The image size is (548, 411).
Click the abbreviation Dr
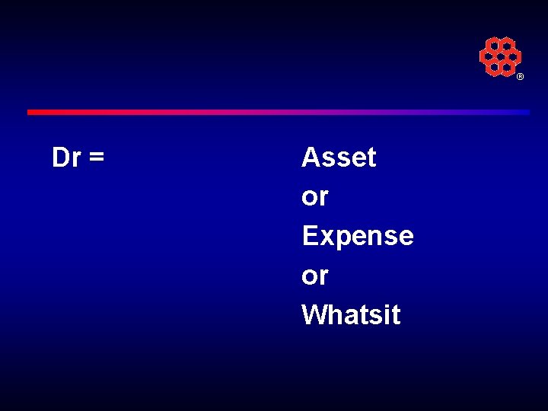[x=66, y=158]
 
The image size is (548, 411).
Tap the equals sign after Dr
[x=96, y=158]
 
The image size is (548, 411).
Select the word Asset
[x=339, y=158]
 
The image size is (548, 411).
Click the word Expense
[x=357, y=236]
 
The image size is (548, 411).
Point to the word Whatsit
[x=350, y=314]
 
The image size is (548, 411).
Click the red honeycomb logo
[x=500, y=56]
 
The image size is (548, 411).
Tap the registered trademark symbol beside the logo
[x=521, y=77]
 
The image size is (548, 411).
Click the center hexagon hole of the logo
[x=500, y=56]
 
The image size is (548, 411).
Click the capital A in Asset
[x=311, y=158]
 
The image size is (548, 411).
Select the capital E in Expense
[x=310, y=236]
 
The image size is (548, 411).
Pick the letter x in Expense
[x=327, y=237]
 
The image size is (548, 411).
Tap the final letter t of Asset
[x=371, y=158]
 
